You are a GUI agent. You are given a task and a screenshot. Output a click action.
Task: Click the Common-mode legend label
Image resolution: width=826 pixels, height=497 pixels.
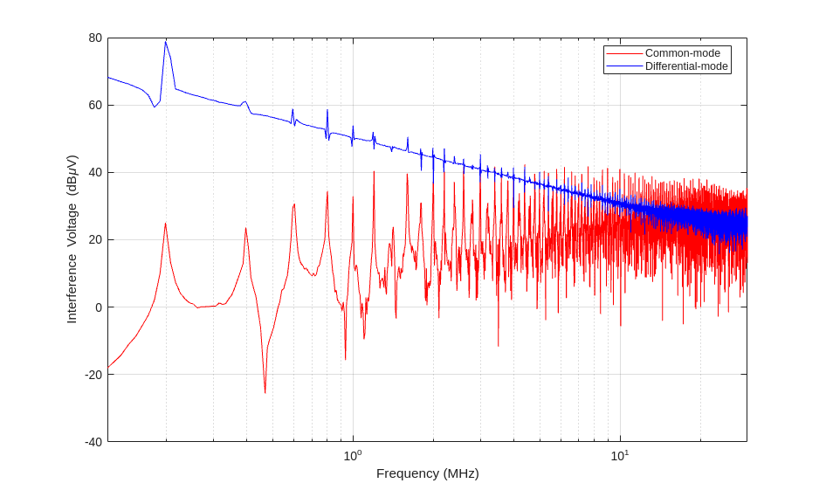(682, 53)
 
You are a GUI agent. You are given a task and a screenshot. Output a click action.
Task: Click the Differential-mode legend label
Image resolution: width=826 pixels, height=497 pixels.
(685, 66)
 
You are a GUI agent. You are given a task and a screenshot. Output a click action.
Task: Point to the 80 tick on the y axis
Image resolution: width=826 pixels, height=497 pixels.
(94, 38)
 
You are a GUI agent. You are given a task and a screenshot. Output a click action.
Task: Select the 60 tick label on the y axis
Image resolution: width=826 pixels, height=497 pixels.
(94, 106)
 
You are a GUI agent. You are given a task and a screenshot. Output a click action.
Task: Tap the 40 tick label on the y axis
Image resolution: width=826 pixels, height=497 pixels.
(94, 173)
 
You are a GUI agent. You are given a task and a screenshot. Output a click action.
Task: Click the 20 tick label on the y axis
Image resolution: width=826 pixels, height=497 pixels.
(94, 240)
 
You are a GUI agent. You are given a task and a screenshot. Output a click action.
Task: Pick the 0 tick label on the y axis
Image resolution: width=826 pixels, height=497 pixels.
(98, 307)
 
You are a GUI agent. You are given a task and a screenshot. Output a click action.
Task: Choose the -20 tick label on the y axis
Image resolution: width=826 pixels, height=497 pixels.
(93, 375)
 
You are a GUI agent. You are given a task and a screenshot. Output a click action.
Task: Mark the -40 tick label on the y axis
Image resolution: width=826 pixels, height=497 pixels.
(93, 442)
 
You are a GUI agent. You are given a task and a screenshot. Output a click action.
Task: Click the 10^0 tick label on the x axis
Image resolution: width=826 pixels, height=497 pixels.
(353, 455)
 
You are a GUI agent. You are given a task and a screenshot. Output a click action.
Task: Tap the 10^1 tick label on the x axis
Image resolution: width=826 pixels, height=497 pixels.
(620, 455)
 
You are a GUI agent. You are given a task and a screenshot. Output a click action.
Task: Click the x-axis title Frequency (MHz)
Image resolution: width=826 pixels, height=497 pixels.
(427, 473)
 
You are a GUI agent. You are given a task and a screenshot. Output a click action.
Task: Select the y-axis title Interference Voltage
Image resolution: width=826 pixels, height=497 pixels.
(72, 239)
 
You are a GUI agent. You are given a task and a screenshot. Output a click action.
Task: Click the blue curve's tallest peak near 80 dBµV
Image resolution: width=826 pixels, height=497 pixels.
(165, 42)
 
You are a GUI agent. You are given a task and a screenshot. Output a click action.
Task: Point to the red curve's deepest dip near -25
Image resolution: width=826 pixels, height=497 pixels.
(265, 392)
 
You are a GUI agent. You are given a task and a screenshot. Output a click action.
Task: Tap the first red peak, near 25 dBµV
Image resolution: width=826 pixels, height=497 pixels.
(165, 224)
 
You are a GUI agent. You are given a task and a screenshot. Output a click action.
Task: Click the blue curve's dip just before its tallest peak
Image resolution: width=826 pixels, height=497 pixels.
(155, 107)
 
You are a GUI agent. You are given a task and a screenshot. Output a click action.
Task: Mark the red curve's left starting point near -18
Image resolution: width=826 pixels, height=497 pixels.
(108, 367)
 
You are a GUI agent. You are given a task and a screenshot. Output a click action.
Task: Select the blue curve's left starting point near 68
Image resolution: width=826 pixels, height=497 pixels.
(108, 78)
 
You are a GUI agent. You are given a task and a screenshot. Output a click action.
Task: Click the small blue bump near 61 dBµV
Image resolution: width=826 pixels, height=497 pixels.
(245, 101)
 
